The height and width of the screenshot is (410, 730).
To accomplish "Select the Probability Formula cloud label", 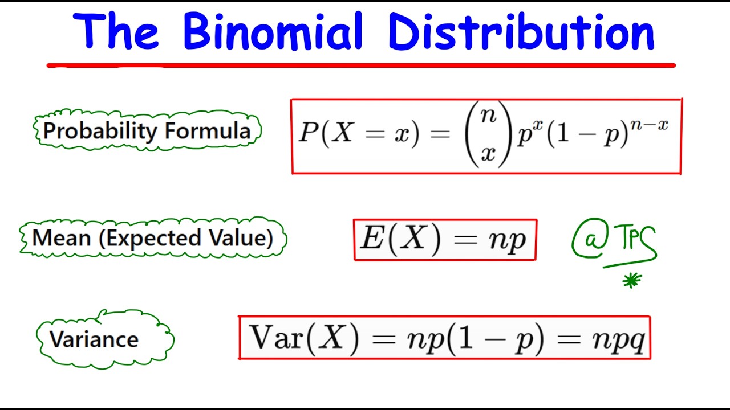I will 147,131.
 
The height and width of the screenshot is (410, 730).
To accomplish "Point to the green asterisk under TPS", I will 632,280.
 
